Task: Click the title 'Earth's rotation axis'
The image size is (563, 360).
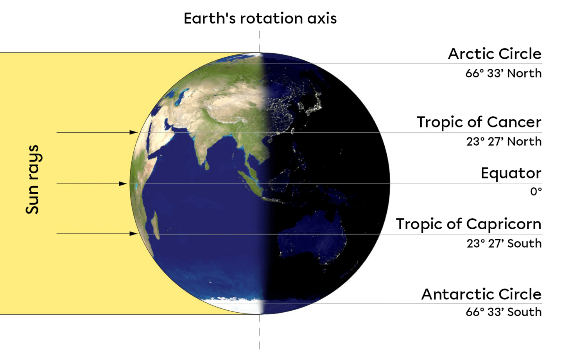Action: (260, 18)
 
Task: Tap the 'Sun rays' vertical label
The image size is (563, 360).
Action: (33, 179)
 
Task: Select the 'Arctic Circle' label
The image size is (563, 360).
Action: (495, 54)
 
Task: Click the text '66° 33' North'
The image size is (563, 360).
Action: (503, 73)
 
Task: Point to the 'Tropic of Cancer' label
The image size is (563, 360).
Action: (479, 122)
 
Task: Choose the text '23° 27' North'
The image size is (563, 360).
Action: (504, 141)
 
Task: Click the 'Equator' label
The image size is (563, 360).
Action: (511, 173)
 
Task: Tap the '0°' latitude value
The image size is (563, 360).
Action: (536, 191)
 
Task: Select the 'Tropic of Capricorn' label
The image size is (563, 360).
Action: (468, 224)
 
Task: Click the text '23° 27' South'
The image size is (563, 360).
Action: (504, 243)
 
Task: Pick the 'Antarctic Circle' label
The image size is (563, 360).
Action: (481, 294)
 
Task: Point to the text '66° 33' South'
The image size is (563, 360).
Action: (504, 312)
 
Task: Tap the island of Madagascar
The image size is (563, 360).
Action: (156, 225)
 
